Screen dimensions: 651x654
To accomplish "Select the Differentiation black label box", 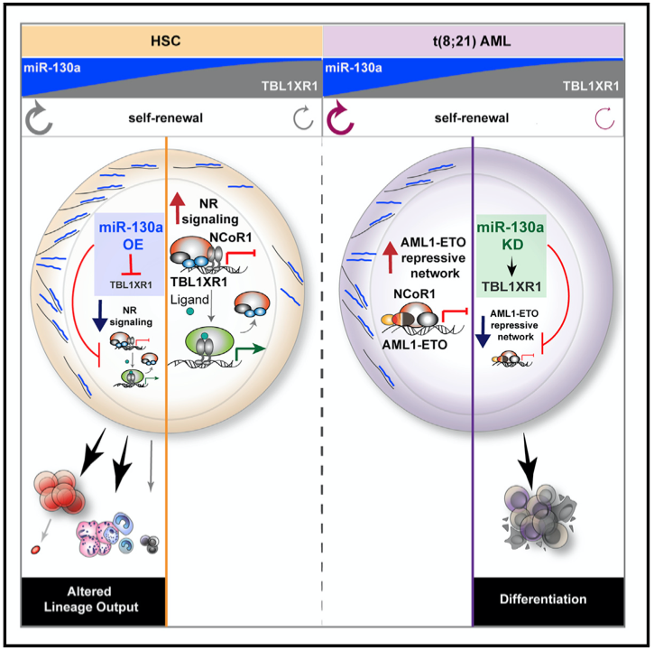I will [x=544, y=599].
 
